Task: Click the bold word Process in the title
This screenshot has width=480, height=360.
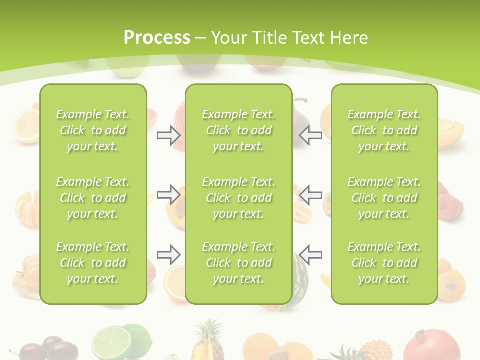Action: tap(157, 37)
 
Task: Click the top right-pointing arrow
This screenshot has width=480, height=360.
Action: tap(168, 135)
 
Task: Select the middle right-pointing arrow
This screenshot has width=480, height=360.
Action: tap(168, 194)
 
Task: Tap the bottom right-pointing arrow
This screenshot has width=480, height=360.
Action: tap(168, 255)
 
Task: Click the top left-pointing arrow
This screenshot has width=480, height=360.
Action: tap(310, 135)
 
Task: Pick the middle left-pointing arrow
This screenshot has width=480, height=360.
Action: tap(310, 194)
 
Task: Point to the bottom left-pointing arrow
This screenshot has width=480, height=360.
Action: tap(310, 255)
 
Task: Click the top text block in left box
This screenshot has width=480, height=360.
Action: tap(92, 130)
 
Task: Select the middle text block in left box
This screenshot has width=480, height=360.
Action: tap(92, 198)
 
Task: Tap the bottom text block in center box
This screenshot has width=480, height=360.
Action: tap(238, 263)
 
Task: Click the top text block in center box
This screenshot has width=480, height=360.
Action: tap(238, 130)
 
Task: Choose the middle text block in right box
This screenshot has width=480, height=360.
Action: tap(384, 198)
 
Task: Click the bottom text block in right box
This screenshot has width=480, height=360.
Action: tap(384, 263)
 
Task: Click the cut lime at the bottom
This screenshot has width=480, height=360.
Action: tap(112, 342)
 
